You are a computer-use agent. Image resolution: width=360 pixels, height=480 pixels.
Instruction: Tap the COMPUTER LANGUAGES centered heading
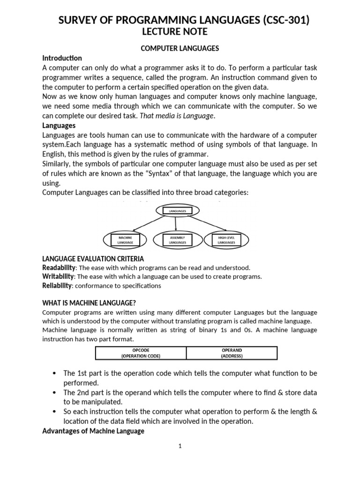coord(180,48)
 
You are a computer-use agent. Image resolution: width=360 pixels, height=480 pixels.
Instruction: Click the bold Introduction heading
coord(62,58)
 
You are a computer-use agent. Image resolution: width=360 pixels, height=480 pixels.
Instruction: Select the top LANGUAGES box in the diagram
coord(177,211)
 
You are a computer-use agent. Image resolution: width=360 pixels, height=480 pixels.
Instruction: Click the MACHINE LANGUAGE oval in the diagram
coord(125,240)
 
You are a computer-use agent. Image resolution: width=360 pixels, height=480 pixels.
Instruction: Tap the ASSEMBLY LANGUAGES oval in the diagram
coord(178,240)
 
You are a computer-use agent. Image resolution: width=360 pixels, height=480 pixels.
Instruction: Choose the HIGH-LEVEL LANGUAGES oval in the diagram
coord(226,240)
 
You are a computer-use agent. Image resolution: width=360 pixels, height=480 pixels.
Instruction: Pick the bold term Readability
coord(59,268)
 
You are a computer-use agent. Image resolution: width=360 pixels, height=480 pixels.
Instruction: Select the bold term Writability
coord(59,277)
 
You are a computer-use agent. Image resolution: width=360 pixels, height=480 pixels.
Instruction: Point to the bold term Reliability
coord(57,285)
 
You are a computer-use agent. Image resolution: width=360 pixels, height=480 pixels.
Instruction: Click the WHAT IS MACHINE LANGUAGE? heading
coord(89,303)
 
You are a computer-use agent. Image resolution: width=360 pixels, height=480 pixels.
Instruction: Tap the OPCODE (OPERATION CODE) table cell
coord(141,353)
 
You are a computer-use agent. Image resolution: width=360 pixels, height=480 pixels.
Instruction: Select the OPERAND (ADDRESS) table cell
coord(232,353)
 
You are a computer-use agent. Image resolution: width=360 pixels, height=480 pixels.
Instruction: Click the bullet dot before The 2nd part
coord(54,392)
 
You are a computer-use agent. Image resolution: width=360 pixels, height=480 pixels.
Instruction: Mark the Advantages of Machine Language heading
coord(93,431)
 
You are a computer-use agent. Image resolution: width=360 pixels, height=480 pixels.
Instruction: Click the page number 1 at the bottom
coord(180,446)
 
